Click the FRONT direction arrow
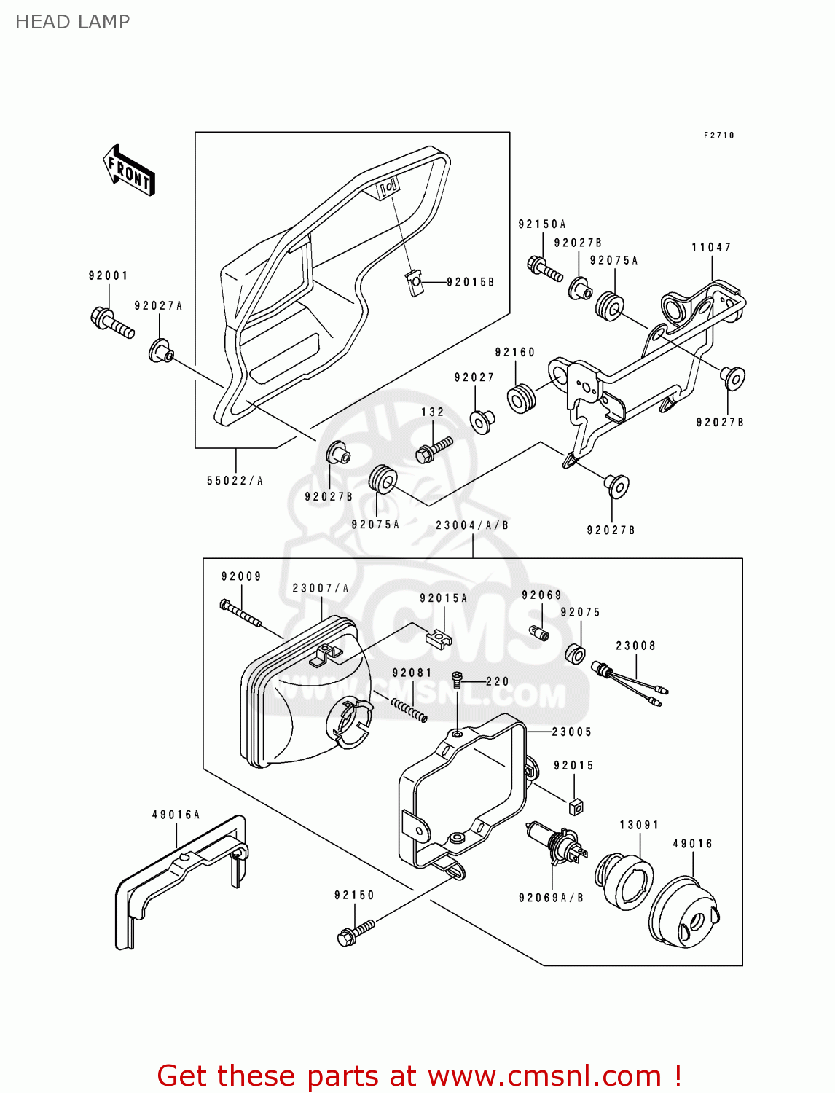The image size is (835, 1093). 130,171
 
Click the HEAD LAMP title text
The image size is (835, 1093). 72,22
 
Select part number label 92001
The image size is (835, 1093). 108,275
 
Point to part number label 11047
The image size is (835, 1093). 711,247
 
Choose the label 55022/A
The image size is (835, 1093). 235,481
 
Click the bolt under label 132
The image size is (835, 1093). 434,448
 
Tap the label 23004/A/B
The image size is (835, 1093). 472,525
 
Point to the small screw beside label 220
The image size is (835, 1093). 458,679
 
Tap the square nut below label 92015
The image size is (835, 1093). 576,806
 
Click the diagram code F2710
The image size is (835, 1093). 718,136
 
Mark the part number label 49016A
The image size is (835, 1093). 176,815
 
